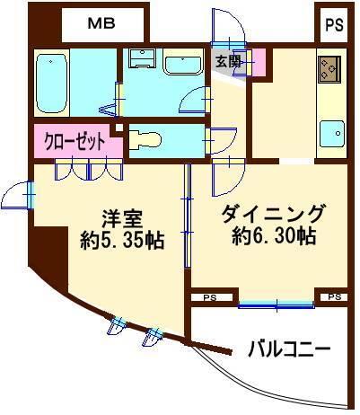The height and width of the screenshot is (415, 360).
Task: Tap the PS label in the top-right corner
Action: [333, 23]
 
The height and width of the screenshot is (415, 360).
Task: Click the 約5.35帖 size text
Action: [122, 242]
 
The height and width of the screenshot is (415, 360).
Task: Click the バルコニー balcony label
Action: [287, 348]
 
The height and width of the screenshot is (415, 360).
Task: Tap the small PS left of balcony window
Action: [209, 296]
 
